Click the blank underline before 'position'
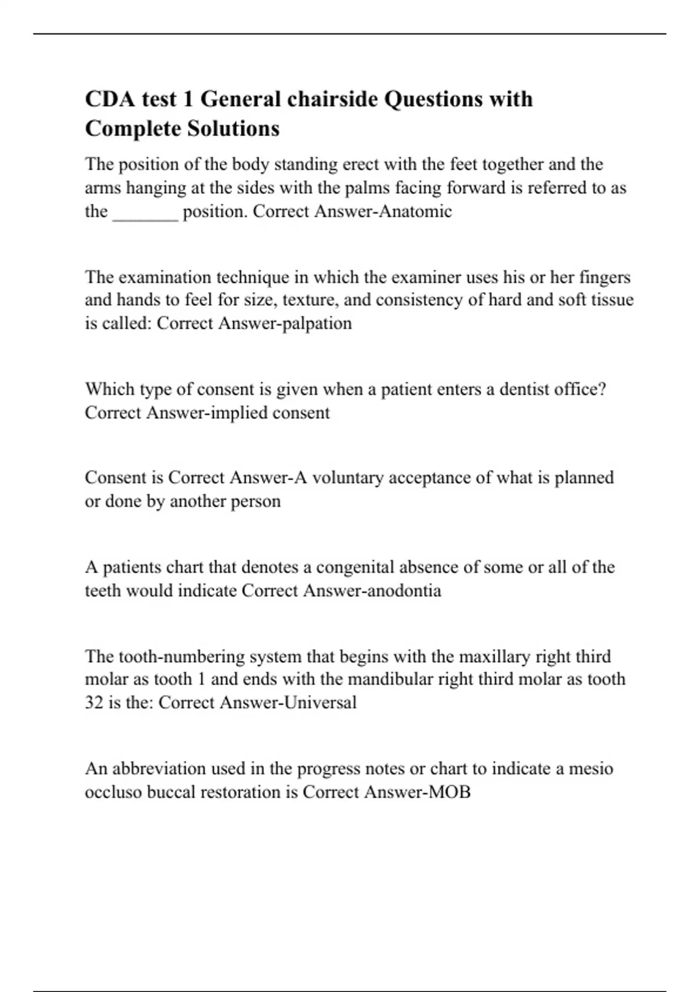pyautogui.click(x=145, y=212)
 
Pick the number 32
pyautogui.click(x=94, y=702)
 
